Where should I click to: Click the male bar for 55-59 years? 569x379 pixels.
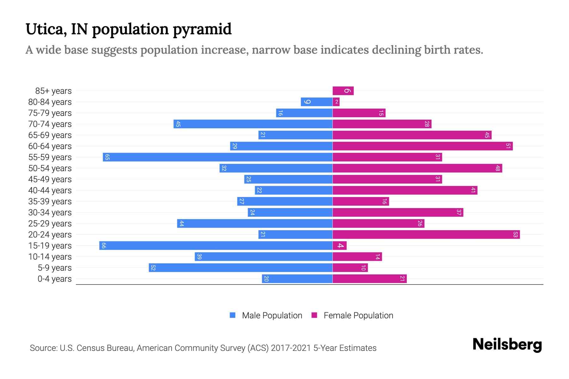click(x=217, y=157)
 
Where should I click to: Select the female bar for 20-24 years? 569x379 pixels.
click(x=426, y=234)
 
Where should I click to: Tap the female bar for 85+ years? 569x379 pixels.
click(x=343, y=91)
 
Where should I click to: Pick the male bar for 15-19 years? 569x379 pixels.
click(x=216, y=245)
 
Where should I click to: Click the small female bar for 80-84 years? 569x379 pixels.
click(x=336, y=102)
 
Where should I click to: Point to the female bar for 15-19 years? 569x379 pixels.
click(x=340, y=245)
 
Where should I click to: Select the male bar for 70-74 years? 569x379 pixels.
click(x=253, y=124)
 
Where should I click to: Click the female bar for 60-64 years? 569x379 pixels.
click(x=422, y=146)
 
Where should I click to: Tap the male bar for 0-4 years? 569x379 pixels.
click(x=297, y=279)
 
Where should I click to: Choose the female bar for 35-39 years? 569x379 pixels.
click(x=360, y=201)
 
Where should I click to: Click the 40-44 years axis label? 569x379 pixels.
click(x=50, y=190)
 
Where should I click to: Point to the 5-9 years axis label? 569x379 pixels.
click(x=55, y=268)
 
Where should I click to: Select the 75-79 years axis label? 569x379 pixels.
click(x=50, y=113)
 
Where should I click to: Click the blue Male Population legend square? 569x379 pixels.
click(x=233, y=315)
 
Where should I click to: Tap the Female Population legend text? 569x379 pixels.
click(x=358, y=316)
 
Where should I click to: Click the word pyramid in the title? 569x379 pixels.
click(x=202, y=29)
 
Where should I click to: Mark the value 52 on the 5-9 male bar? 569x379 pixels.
click(x=153, y=268)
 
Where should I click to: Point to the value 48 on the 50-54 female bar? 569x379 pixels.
click(x=498, y=168)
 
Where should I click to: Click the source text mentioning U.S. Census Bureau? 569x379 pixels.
click(x=203, y=348)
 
